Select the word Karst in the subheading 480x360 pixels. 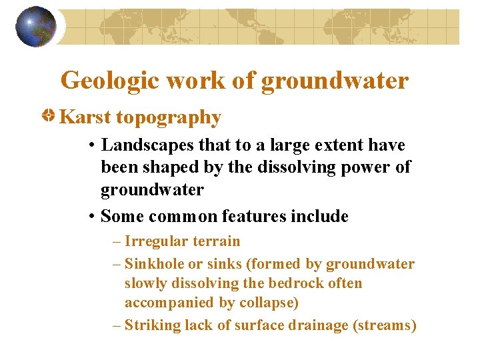(x=85, y=117)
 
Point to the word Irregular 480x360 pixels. (x=153, y=241)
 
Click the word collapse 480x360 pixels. (x=270, y=303)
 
